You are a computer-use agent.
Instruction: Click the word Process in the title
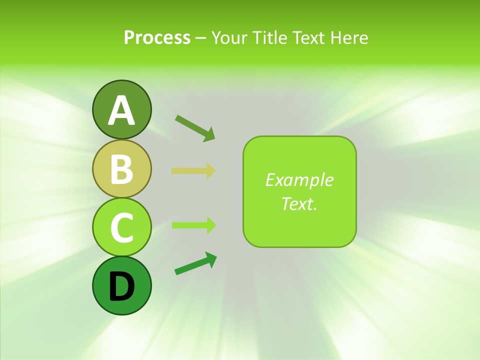(x=157, y=37)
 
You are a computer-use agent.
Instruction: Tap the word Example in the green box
(x=299, y=180)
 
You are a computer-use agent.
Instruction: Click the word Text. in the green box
(x=299, y=203)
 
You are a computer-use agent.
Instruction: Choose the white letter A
(x=121, y=110)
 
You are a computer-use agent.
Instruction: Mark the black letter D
(x=121, y=286)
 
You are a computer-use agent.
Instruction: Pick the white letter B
(x=121, y=169)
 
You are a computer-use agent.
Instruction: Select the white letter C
(x=121, y=227)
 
